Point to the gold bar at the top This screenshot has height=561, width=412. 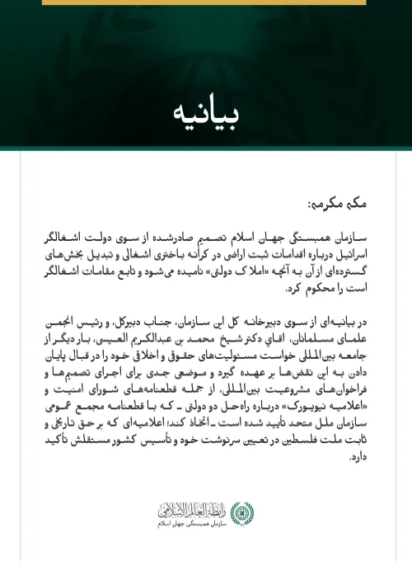point(205,2)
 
